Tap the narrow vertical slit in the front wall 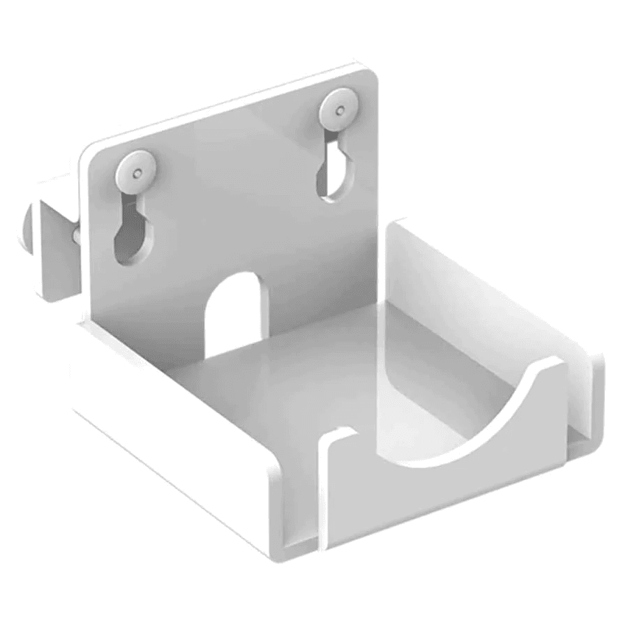click(x=322, y=488)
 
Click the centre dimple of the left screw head click(x=137, y=169)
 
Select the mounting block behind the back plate click(x=56, y=244)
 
